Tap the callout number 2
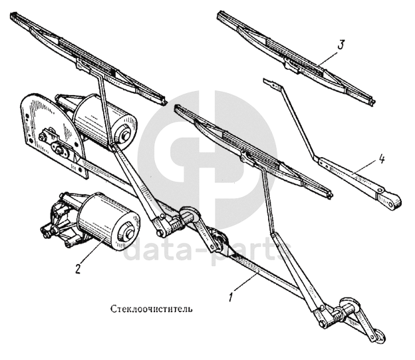(x=78, y=269)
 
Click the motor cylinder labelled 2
(x=104, y=217)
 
